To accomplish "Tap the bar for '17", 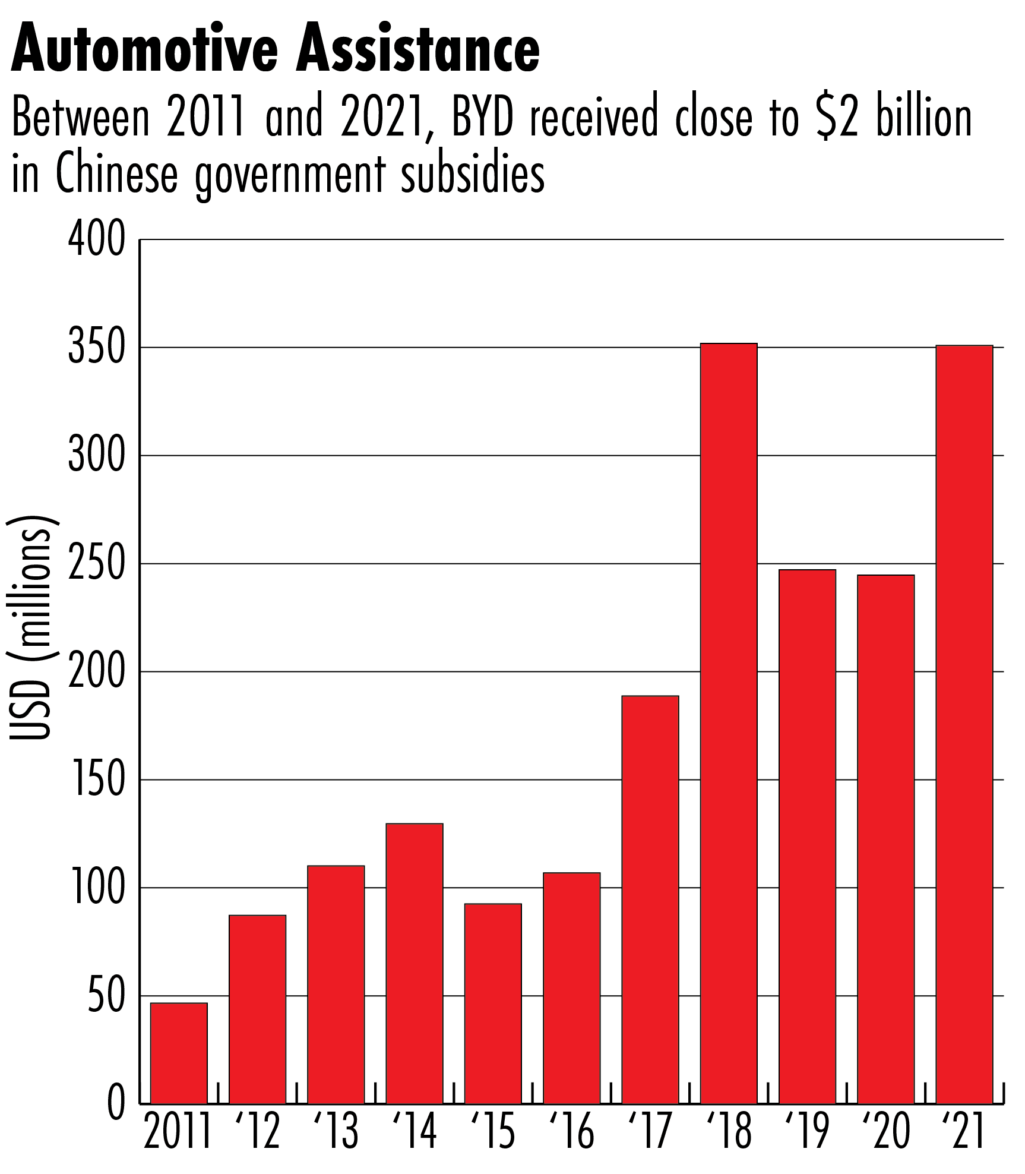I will click(650, 900).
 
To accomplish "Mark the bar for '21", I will click(964, 725).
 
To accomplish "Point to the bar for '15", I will click(493, 1003).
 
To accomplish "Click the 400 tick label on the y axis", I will click(97, 239).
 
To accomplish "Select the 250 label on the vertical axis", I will click(97, 564).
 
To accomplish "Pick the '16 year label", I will click(571, 1132).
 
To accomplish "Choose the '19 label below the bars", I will click(807, 1132).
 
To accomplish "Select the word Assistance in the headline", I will click(419, 50).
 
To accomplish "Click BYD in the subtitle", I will click(482, 117).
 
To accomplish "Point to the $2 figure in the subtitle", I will click(837, 117).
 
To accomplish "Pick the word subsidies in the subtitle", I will click(473, 175).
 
